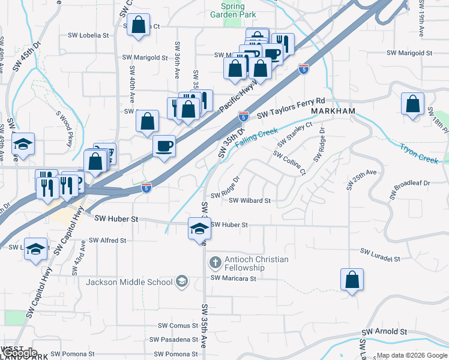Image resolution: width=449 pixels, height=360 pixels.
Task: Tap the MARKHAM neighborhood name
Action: click(333, 112)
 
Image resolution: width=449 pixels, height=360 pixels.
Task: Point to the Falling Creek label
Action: click(256, 137)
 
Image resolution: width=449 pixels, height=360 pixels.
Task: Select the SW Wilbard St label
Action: click(250, 200)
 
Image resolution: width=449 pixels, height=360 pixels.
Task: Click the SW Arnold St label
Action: click(384, 332)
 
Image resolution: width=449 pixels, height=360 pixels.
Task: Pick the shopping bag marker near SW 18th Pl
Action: click(412, 104)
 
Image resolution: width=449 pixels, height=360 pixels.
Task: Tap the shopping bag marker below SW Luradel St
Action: click(352, 280)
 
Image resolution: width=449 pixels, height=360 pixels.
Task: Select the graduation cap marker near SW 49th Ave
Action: click(23, 144)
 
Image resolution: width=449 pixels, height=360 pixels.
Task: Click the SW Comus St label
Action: click(178, 326)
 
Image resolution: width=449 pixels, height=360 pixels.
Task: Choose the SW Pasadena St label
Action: click(173, 340)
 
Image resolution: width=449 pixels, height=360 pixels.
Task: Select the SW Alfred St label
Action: click(106, 240)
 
